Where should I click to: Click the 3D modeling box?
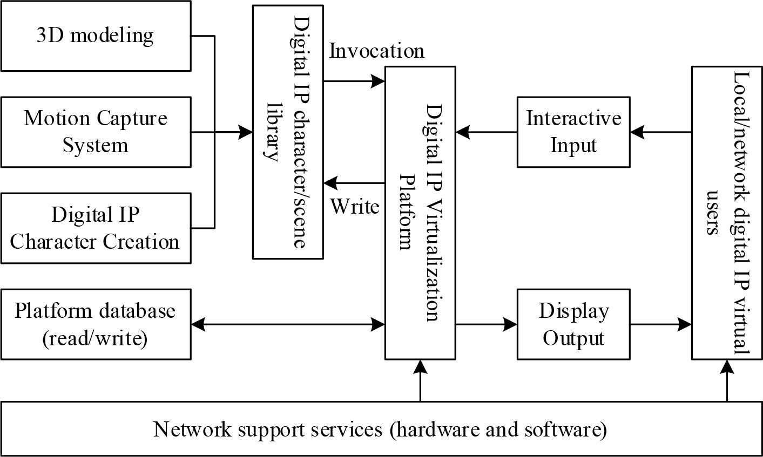click(96, 36)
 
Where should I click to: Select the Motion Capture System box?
click(96, 132)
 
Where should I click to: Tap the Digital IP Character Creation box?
click(96, 228)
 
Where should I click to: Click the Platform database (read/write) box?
click(96, 324)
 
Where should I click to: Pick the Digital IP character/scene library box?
click(288, 132)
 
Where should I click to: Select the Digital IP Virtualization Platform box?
click(420, 213)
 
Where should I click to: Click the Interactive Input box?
click(573, 132)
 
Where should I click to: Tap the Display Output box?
click(573, 324)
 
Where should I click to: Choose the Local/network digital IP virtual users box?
click(727, 213)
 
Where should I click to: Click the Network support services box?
click(381, 429)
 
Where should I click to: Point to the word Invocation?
click(377, 51)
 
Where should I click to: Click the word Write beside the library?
click(355, 206)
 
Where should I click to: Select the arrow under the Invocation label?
click(354, 81)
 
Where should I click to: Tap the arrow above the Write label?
click(354, 183)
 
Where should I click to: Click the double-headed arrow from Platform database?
click(288, 324)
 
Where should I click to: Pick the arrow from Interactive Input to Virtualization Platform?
click(486, 132)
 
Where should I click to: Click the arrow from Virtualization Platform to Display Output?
click(486, 324)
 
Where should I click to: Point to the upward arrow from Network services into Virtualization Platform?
click(420, 380)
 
